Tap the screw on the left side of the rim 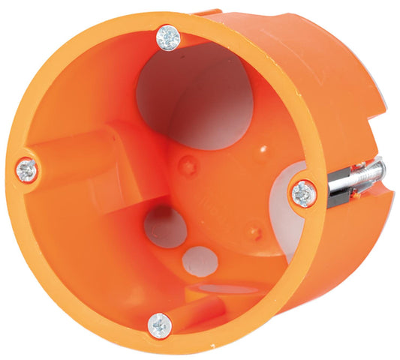pos(28,169)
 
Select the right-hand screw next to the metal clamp pos(304,194)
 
